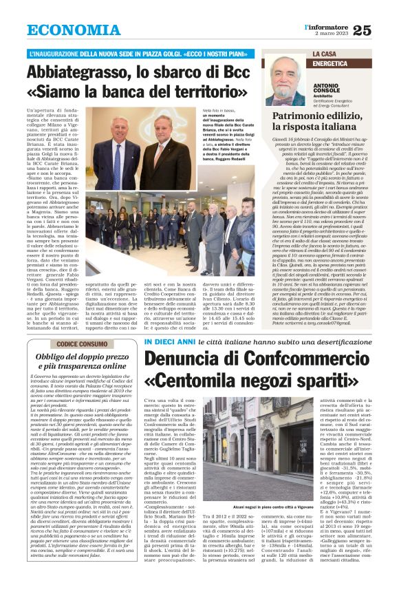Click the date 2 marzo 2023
point(330,34)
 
